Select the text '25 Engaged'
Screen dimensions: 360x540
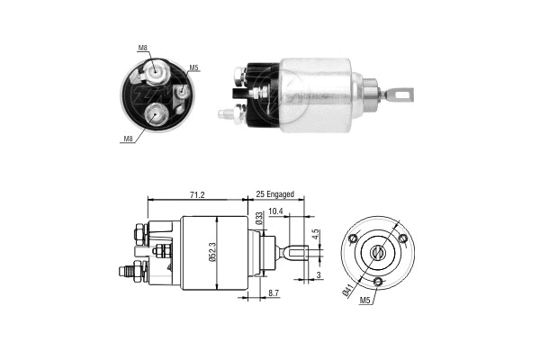click(281, 193)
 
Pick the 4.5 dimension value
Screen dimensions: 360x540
click(315, 236)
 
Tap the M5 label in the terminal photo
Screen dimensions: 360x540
click(193, 67)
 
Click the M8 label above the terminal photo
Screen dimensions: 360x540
click(143, 48)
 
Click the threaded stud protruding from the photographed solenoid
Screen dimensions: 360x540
click(227, 114)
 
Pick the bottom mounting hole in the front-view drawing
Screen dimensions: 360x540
click(379, 283)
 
